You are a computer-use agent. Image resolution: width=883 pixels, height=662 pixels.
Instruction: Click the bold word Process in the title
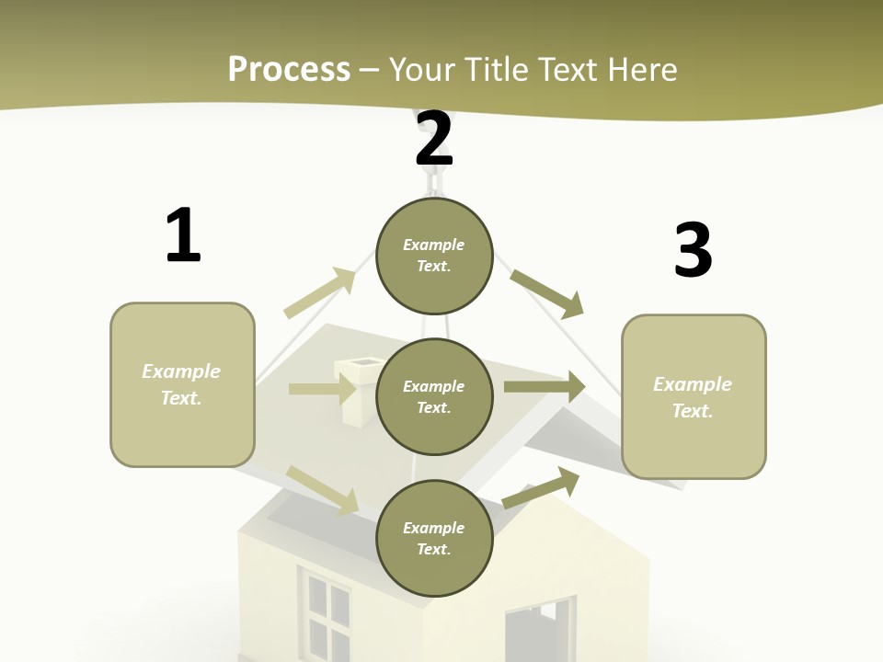click(x=289, y=69)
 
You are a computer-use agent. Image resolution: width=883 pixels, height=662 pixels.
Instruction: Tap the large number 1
click(x=183, y=235)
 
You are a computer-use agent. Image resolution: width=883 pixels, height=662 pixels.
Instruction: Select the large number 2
click(x=434, y=139)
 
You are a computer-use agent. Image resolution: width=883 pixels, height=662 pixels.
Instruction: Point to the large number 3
click(x=694, y=250)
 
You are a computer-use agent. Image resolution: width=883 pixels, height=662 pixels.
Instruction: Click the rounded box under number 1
click(x=182, y=384)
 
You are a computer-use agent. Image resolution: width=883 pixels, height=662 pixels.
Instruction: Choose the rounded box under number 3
click(x=694, y=397)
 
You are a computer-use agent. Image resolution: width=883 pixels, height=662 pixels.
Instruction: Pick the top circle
click(x=434, y=256)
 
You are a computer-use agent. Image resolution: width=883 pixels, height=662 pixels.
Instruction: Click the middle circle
click(x=434, y=396)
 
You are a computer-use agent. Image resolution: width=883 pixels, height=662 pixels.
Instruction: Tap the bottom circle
click(x=434, y=538)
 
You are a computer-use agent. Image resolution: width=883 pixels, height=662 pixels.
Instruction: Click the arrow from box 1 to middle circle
click(x=322, y=389)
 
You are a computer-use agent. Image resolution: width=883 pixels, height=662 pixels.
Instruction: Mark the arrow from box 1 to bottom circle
click(x=322, y=489)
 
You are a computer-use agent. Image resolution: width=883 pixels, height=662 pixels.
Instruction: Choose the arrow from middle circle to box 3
click(x=545, y=387)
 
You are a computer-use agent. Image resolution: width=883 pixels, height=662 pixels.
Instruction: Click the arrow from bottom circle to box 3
click(x=541, y=487)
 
